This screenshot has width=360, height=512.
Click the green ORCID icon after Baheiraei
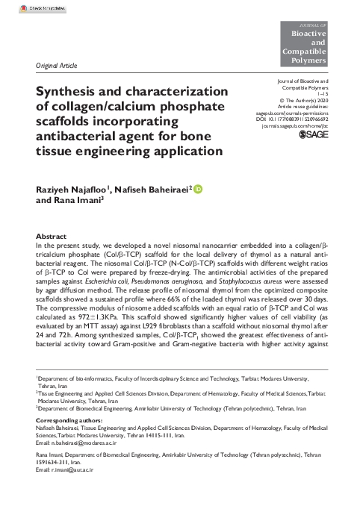[x=198, y=190]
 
